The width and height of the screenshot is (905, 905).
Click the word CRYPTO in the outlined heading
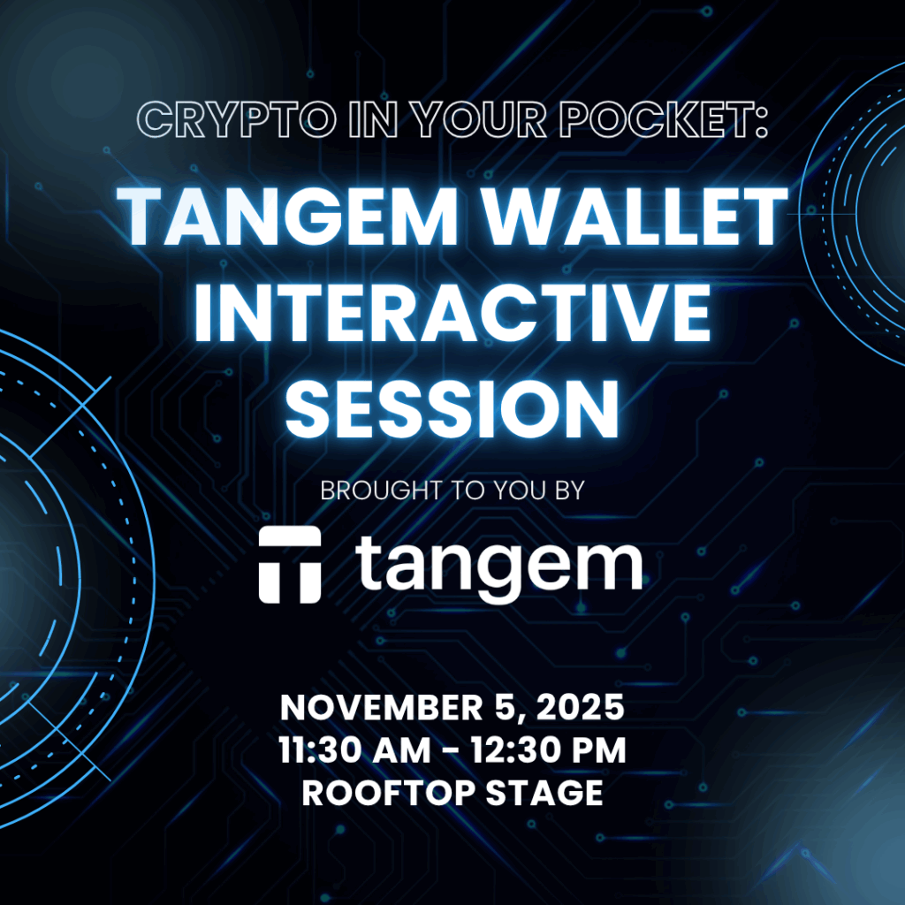pyautogui.click(x=237, y=119)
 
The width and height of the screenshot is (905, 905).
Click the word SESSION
pyautogui.click(x=452, y=410)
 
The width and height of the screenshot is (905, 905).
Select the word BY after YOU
pyautogui.click(x=569, y=491)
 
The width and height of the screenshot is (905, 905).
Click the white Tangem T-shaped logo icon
pyautogui.click(x=290, y=564)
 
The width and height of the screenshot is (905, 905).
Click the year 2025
pyautogui.click(x=581, y=707)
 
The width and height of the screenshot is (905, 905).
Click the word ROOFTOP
pyautogui.click(x=388, y=793)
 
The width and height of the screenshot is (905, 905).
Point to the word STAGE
pyautogui.click(x=544, y=793)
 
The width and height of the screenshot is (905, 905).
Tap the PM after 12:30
pyautogui.click(x=597, y=749)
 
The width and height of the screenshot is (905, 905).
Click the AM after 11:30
pyautogui.click(x=403, y=749)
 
